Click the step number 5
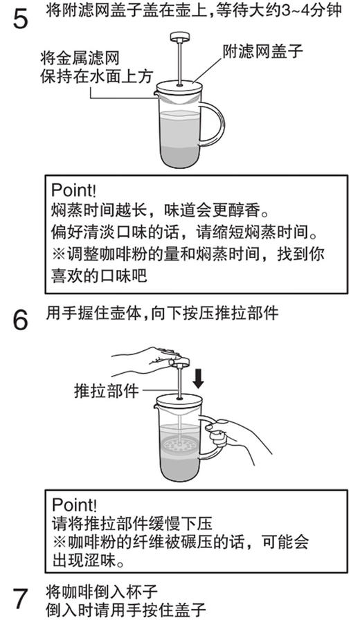pyautogui.click(x=21, y=19)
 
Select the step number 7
pyautogui.click(x=21, y=600)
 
